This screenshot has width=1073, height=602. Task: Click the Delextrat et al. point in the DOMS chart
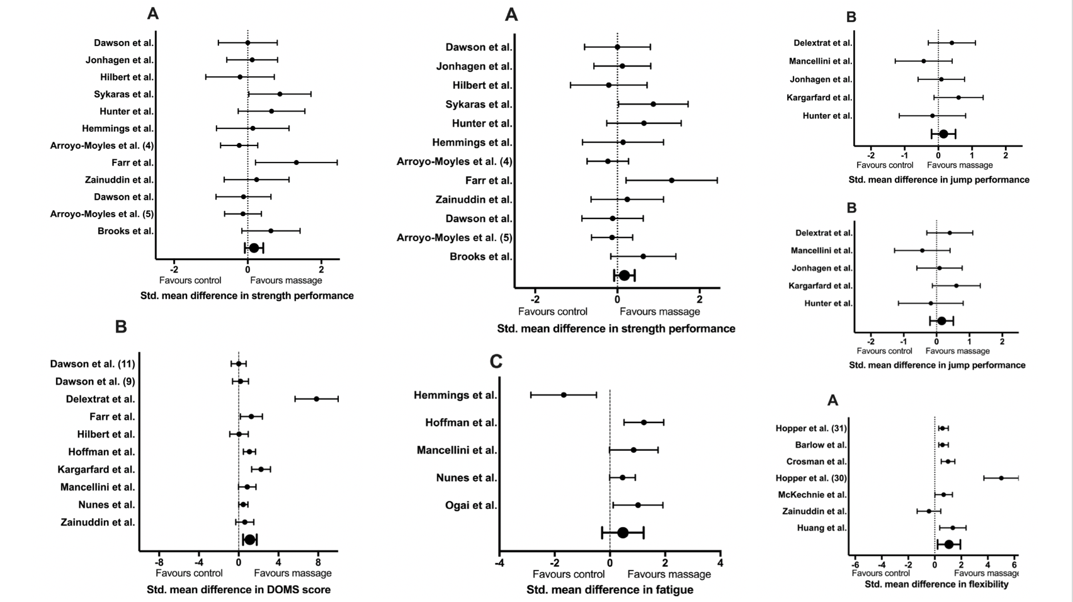(x=317, y=399)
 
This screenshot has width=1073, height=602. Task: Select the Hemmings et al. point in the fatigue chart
(x=564, y=395)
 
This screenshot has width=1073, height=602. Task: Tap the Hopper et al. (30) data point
(x=1001, y=478)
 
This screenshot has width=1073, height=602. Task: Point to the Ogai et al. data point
(x=638, y=505)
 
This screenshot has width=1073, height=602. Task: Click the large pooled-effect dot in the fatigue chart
(x=623, y=533)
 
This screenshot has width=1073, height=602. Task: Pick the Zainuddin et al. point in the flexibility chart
(x=929, y=511)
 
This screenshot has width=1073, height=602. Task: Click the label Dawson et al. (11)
(x=93, y=364)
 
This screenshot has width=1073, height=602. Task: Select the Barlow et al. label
(x=821, y=445)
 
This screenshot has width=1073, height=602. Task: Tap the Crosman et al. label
(x=817, y=462)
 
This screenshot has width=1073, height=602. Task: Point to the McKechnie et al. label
(x=812, y=495)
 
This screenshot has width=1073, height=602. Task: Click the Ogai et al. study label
(x=471, y=506)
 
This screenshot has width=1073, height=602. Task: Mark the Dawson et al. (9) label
(x=95, y=382)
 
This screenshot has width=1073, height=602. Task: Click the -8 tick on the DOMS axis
(x=159, y=562)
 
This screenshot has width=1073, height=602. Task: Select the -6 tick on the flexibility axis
(x=855, y=564)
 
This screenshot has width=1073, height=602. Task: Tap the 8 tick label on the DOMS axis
(x=318, y=562)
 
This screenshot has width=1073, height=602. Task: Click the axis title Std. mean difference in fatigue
(x=610, y=590)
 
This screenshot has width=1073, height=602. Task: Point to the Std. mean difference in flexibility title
(x=936, y=584)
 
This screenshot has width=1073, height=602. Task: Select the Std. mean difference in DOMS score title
(x=239, y=590)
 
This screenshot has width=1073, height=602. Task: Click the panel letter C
(x=496, y=361)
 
